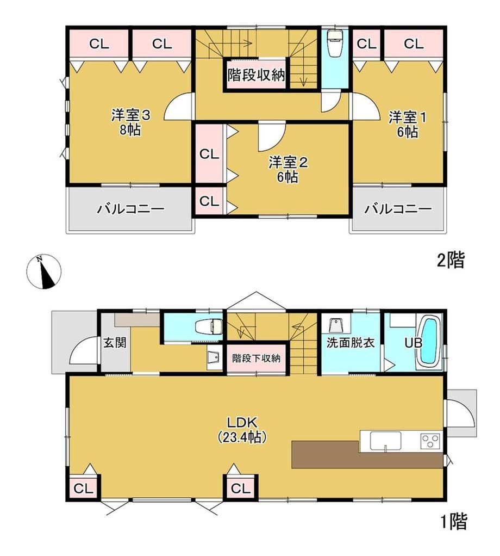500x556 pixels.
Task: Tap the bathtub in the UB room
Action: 429,341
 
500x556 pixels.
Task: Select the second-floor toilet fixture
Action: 334,43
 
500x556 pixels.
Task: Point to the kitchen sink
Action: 386,441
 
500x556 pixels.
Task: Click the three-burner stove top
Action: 430,441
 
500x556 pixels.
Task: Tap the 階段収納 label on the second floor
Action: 257,75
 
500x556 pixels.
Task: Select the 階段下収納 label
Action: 257,358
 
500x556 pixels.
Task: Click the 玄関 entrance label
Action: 115,343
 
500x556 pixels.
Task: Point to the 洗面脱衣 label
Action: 350,343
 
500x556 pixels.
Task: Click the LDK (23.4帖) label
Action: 242,429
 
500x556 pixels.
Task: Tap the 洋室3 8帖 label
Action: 130,123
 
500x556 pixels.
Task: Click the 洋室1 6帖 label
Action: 407,125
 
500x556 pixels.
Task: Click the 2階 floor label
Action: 451,260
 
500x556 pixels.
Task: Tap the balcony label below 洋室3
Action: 130,208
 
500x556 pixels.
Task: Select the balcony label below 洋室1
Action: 398,208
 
